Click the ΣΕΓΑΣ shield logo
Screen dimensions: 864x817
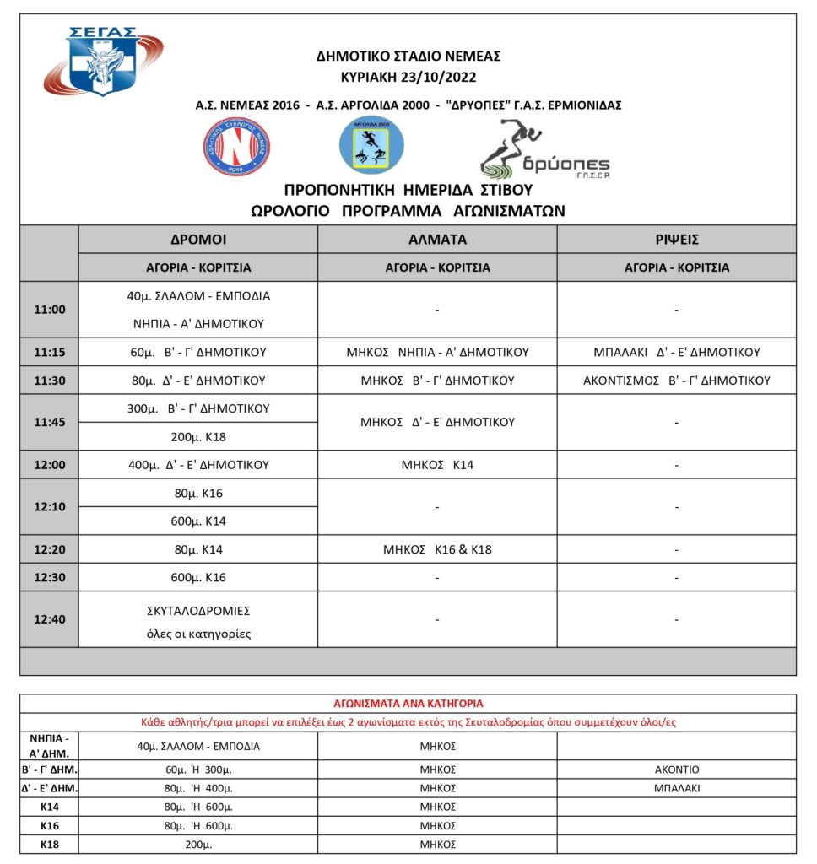point(101,62)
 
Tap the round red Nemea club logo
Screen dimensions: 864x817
point(236,146)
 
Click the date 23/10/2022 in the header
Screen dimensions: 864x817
point(442,78)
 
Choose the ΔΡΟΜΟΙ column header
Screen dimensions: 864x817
point(198,239)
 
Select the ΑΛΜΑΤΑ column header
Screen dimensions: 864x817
point(437,239)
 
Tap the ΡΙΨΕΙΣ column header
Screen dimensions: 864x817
point(676,239)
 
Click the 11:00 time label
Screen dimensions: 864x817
point(50,310)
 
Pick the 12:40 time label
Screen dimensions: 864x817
point(50,618)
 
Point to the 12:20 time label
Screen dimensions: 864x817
point(50,549)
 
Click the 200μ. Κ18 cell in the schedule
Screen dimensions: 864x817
point(198,436)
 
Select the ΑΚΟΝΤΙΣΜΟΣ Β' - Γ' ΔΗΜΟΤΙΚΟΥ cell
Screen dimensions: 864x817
point(676,381)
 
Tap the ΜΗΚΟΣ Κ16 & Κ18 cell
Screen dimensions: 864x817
point(437,549)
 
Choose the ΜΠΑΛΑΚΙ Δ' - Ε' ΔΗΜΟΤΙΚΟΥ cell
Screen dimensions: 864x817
point(676,352)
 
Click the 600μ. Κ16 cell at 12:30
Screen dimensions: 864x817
point(198,578)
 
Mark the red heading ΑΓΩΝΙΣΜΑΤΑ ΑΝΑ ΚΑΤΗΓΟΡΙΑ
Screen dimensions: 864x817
point(408,703)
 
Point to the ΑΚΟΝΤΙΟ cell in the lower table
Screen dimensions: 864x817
point(676,769)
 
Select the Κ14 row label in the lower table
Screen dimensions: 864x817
point(49,807)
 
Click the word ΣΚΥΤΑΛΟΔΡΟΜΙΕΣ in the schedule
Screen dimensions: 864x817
point(198,610)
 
